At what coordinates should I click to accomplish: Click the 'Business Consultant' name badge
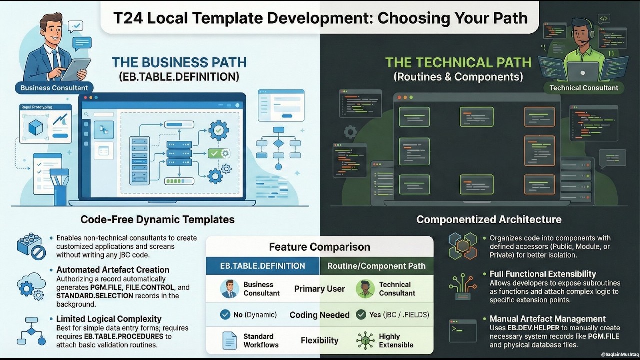pyautogui.click(x=54, y=88)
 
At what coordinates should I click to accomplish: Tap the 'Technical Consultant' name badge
pyautogui.click(x=584, y=88)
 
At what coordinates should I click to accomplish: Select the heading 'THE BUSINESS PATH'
pyautogui.click(x=179, y=63)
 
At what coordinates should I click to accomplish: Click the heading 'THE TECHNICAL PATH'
pyautogui.click(x=458, y=63)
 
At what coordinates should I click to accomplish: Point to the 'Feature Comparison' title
pyautogui.click(x=319, y=247)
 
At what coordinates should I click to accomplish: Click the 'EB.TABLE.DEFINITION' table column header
pyautogui.click(x=263, y=266)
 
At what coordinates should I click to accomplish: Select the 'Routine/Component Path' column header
pyautogui.click(x=376, y=266)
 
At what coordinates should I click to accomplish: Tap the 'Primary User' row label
pyautogui.click(x=319, y=289)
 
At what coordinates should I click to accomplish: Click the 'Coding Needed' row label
pyautogui.click(x=319, y=315)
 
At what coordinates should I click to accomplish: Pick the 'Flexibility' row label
pyautogui.click(x=319, y=340)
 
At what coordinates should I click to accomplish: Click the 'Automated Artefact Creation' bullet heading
pyautogui.click(x=113, y=270)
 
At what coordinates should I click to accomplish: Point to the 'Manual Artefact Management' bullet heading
pyautogui.click(x=547, y=319)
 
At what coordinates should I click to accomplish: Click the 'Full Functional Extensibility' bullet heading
pyautogui.click(x=543, y=274)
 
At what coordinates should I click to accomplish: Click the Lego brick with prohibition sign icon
pyautogui.click(x=31, y=246)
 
